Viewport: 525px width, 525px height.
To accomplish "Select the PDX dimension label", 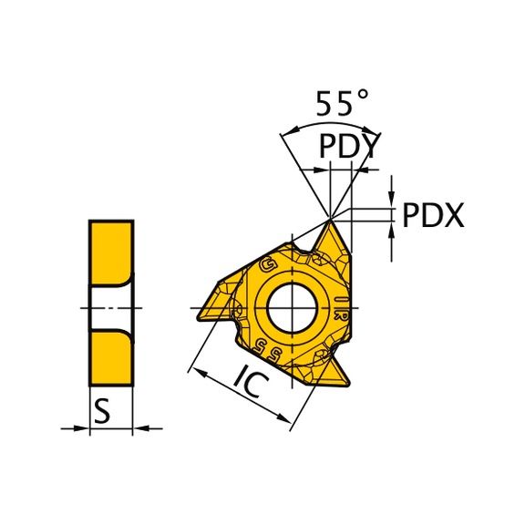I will (433, 216).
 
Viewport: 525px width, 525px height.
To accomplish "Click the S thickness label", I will (103, 413).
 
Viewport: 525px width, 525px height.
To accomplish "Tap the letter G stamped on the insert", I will (268, 265).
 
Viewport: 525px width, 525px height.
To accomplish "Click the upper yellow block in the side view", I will (110, 251).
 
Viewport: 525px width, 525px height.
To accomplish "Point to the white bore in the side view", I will (110, 307).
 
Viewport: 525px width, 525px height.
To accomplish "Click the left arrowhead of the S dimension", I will (83, 427).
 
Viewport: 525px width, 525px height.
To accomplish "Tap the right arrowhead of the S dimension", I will (139, 427).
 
